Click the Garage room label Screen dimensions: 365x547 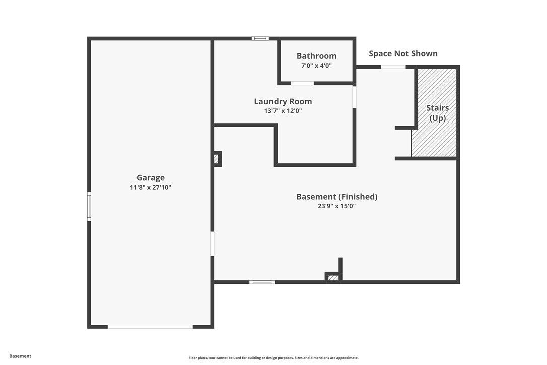tap(151, 177)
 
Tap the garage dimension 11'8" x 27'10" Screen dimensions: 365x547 tap(151, 187)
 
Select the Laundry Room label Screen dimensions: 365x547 tap(283, 101)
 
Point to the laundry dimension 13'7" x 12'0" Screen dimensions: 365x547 tap(283, 111)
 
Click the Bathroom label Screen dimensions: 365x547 tap(316, 56)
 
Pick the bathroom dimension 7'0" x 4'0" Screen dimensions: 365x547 tap(316, 66)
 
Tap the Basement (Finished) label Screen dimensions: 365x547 tap(336, 197)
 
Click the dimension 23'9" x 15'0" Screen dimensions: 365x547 tap(336, 206)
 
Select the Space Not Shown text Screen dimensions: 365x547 tap(403, 53)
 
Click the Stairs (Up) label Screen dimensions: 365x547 tap(437, 113)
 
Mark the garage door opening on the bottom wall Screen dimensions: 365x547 tap(150, 327)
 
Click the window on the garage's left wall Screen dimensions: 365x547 tap(89, 206)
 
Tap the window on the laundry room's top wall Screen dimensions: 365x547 tap(260, 38)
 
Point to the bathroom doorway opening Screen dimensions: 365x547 tap(302, 83)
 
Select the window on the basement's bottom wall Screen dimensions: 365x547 tap(262, 282)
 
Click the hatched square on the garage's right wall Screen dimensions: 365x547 tap(216, 159)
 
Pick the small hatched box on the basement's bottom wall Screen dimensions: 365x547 tap(333, 278)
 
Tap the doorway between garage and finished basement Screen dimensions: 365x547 tap(212, 244)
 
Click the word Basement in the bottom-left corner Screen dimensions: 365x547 tap(20, 356)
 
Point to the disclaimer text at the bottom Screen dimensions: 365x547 tap(273, 358)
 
